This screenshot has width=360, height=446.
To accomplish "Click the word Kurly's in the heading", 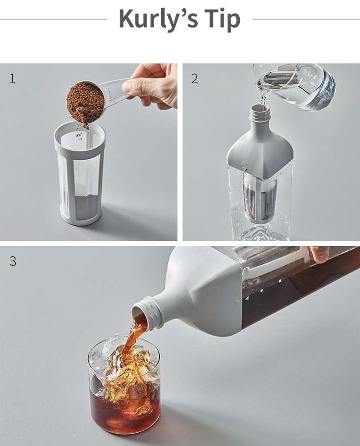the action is point(158,19).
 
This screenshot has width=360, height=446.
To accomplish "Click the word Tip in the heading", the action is point(222,19).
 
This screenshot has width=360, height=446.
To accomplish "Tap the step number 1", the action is point(12,79).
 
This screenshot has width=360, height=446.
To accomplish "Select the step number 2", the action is point(194,79).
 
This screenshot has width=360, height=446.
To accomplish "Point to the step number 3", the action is point(13,261).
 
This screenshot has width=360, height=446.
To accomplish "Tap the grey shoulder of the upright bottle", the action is point(260,151).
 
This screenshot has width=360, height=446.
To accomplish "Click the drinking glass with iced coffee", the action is point(124,387).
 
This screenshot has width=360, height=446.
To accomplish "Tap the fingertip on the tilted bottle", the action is point(319,254).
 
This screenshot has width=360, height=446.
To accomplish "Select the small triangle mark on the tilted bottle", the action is point(238,303).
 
